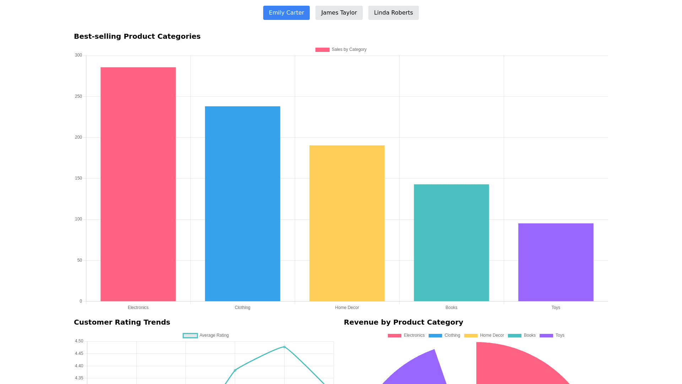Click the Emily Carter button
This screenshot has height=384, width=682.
pos(286,13)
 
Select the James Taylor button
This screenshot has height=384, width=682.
pos(339,13)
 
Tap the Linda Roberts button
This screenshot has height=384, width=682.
pos(393,13)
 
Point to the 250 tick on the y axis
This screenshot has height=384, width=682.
pos(79,96)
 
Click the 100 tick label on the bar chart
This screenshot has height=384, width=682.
pos(79,219)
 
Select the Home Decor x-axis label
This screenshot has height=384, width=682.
pos(347,308)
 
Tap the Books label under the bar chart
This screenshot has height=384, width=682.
pos(451,308)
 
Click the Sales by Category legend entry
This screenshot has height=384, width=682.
pos(341,49)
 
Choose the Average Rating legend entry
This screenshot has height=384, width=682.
pos(206,335)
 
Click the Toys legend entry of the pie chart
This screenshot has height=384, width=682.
pos(552,335)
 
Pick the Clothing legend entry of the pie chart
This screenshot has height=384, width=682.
pos(444,335)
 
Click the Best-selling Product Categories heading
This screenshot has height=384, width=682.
pos(137,36)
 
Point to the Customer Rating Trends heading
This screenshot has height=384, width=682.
pos(122,322)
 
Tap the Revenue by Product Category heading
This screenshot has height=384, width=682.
pos(403,322)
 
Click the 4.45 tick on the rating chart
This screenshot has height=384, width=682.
pos(79,353)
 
